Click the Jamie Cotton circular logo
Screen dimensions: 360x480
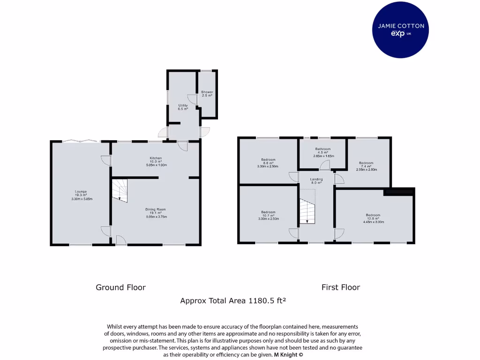(401, 30)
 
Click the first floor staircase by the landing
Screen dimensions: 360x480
(308, 211)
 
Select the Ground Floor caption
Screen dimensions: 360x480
(120, 287)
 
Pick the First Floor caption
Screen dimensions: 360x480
(341, 287)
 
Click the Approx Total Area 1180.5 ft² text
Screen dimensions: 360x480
(233, 301)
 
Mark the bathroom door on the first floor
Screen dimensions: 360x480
(324, 165)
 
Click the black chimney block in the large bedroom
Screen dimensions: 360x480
(398, 191)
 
